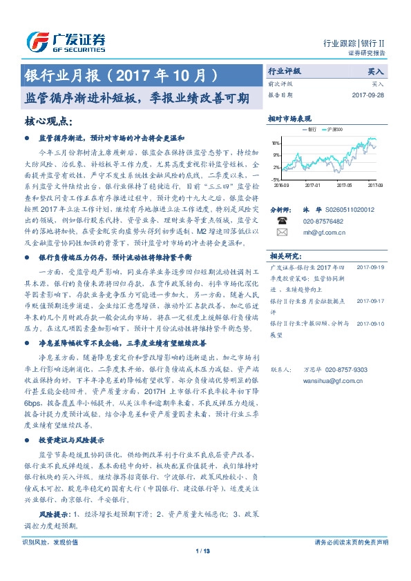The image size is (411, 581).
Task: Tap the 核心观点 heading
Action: tap(47, 121)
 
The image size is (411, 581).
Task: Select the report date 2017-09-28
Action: tap(367, 95)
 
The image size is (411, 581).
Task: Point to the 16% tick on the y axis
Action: tap(276, 144)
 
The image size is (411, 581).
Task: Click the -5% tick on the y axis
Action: tap(276, 179)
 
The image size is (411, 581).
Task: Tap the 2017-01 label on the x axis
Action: tap(313, 185)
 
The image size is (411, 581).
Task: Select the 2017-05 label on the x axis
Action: tap(344, 185)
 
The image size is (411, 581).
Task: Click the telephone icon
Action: tap(281, 221)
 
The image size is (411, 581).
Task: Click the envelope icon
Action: tap(281, 233)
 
